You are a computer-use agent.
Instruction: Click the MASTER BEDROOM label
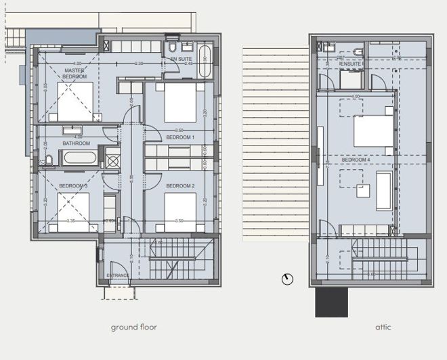[74, 74]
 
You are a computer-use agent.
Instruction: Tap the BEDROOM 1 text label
[180, 137]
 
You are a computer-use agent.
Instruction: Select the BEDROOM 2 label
[180, 185]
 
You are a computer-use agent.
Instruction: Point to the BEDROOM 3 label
[72, 185]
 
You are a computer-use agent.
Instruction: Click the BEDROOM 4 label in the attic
[355, 160]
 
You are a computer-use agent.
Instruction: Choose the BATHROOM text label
[76, 143]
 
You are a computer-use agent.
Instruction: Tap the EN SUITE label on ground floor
[181, 60]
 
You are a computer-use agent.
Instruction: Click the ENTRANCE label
[119, 275]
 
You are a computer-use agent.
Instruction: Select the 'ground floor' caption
[134, 328]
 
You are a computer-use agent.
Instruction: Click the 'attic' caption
[383, 328]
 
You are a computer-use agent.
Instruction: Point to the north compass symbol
[287, 279]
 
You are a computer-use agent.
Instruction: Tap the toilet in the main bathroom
[49, 160]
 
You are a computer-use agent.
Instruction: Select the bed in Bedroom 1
[180, 102]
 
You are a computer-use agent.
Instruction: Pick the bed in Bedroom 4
[372, 131]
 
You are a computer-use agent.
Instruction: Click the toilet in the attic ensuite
[358, 52]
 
